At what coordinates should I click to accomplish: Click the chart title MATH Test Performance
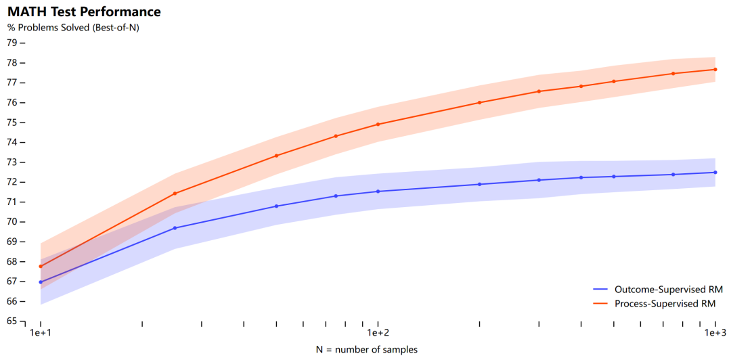84,12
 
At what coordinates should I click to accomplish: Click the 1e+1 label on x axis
41,334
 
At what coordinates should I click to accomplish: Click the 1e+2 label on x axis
378,334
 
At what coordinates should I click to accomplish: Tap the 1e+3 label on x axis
715,334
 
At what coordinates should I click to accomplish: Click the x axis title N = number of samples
366,349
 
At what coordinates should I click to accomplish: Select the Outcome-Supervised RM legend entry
664,289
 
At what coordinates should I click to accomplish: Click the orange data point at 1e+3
715,69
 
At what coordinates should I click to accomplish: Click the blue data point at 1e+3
715,172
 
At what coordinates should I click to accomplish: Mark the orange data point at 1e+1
41,266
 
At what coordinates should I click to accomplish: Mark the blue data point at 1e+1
41,282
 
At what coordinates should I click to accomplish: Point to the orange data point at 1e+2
378,124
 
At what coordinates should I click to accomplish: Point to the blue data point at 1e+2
378,191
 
